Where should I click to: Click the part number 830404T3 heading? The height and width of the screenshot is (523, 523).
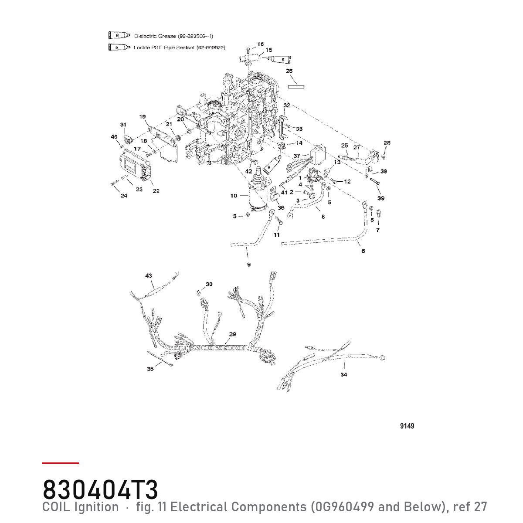100,489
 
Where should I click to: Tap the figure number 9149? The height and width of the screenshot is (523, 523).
407,426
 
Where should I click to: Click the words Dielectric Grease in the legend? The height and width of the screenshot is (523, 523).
155,36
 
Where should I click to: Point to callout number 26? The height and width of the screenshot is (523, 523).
289,71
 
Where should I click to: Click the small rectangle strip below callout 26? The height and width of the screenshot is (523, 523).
296,87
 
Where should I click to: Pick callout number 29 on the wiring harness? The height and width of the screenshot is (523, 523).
233,334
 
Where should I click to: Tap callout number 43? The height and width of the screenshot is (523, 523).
149,275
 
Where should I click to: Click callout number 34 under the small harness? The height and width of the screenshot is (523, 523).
343,374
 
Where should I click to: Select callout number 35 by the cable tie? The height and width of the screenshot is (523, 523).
150,369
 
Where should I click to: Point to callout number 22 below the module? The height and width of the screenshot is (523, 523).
156,191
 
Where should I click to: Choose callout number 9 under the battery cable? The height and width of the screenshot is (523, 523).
249,265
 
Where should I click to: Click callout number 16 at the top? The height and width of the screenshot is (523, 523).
260,44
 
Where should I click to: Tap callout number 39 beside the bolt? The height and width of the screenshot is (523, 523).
381,198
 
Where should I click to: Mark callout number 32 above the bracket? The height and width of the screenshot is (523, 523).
287,105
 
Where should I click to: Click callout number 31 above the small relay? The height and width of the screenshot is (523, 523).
123,125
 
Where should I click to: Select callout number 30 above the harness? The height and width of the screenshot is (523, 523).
209,284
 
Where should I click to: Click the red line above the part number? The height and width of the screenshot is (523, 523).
60,463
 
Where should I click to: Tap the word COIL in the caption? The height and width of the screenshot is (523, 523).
56,507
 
